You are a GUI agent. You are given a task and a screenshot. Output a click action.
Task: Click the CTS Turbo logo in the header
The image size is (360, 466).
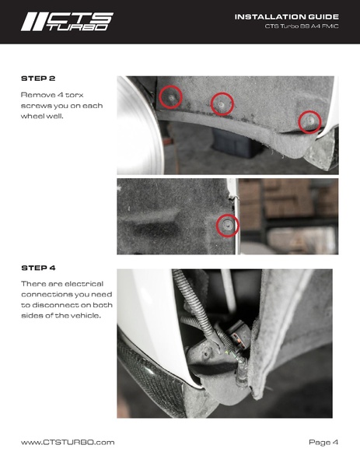click(x=67, y=22)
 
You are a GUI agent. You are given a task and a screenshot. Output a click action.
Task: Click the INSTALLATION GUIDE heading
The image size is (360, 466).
click(x=287, y=17)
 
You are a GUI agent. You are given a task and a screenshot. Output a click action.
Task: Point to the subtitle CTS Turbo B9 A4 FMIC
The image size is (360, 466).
click(x=302, y=26)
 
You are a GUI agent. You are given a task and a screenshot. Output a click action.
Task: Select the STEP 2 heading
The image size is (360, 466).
click(x=38, y=79)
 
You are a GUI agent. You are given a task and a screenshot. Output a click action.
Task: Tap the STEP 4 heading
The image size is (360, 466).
click(x=38, y=268)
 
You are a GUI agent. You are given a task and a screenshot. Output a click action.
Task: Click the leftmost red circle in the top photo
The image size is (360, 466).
click(x=170, y=97)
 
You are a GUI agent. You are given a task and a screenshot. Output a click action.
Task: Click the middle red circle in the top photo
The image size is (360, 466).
click(x=222, y=103)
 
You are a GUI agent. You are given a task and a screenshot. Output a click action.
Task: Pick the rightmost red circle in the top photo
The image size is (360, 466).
click(x=309, y=122)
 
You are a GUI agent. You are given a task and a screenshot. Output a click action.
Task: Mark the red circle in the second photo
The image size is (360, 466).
click(x=228, y=226)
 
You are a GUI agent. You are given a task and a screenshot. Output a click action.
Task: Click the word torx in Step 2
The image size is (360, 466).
click(x=75, y=95)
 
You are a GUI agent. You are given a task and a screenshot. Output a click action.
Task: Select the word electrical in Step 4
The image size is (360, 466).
click(x=84, y=284)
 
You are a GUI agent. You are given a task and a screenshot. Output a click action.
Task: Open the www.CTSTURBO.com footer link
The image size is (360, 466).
click(x=68, y=442)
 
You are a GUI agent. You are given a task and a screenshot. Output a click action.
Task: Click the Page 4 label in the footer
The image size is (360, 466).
click(x=323, y=442)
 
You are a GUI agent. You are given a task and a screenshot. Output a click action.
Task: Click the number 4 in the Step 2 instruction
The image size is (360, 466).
click(x=58, y=95)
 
